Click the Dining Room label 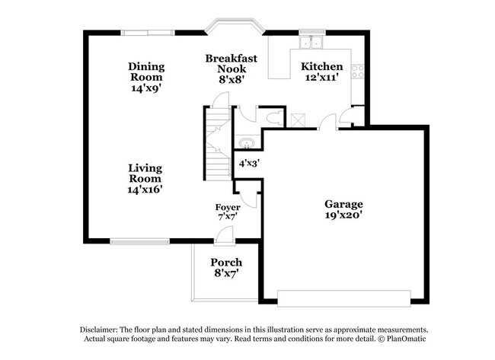point(145,72)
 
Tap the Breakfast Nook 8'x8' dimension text point(231,80)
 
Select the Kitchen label point(322,67)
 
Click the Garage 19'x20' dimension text point(343,215)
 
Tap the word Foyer point(228,207)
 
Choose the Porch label point(227,263)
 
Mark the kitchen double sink point(311,42)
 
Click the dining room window point(148,32)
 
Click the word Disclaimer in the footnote point(100,330)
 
